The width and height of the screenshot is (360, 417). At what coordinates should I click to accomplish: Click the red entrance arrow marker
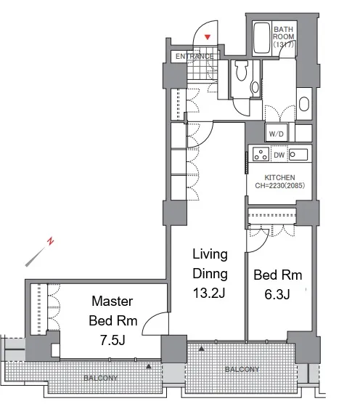pos(208,37)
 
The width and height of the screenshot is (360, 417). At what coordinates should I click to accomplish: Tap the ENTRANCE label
pos(195,57)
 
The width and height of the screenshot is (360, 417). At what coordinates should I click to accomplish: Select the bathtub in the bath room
pos(261,39)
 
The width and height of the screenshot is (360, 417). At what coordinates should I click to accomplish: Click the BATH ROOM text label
pos(284,37)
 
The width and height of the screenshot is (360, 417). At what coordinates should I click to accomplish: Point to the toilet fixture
pos(242,70)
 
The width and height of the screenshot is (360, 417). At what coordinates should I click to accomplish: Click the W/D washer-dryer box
pos(277,134)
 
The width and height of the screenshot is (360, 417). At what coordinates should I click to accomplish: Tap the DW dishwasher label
pos(279,155)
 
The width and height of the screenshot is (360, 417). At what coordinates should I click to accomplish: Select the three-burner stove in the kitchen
pos(261,154)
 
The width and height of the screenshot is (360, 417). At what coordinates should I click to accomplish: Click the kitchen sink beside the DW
pos(298,154)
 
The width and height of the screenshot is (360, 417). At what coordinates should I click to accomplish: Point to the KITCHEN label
pos(279,177)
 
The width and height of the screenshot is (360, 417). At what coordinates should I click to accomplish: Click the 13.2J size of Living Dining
pos(209,293)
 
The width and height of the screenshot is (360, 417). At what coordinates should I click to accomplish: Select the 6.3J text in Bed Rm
pos(277,294)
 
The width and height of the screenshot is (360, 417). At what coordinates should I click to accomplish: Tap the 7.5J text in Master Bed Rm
pos(112,340)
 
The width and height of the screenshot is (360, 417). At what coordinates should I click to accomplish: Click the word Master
pos(112,301)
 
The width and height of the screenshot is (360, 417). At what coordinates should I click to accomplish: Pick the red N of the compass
pos(51,241)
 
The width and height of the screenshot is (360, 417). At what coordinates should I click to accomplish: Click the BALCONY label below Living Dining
pos(242,369)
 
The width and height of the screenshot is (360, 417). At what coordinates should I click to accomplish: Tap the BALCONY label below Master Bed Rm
pos(100,378)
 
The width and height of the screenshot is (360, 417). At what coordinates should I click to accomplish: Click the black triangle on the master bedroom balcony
pos(149,366)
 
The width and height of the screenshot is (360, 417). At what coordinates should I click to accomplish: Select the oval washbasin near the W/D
pos(304,104)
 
